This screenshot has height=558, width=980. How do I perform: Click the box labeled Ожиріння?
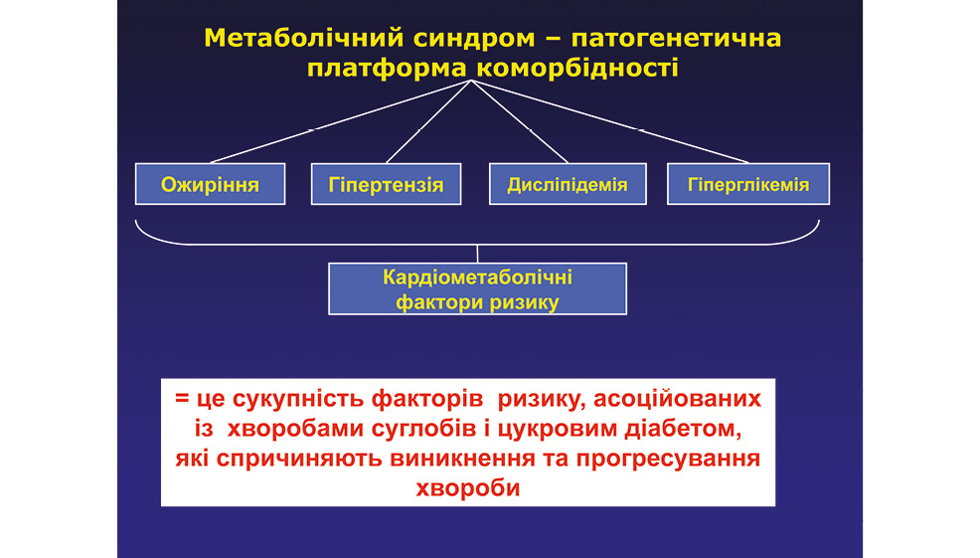coord(210,184)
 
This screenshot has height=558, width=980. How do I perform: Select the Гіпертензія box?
coord(387,185)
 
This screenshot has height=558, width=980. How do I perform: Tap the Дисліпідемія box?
coord(568,184)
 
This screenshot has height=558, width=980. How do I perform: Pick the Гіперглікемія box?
coord(748,184)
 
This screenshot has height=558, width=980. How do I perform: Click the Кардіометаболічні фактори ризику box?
coord(477,289)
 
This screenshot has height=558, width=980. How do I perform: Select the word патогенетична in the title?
coord(676,39)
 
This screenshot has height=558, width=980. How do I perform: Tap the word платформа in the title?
coord(387,69)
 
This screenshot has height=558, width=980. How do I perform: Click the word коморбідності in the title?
coord(577,69)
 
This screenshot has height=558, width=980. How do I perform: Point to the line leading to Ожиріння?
coord(341,121)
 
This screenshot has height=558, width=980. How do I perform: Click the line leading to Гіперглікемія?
coord(610,121)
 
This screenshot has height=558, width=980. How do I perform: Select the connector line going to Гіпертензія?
coord(428,121)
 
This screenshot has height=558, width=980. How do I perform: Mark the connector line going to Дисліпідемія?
coord(520,121)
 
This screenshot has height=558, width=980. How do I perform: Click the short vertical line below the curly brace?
coord(477,254)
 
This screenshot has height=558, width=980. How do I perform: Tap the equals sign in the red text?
coord(182,399)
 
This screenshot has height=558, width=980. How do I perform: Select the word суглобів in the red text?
coord(431,429)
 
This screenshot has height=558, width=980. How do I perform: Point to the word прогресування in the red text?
coord(668,460)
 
